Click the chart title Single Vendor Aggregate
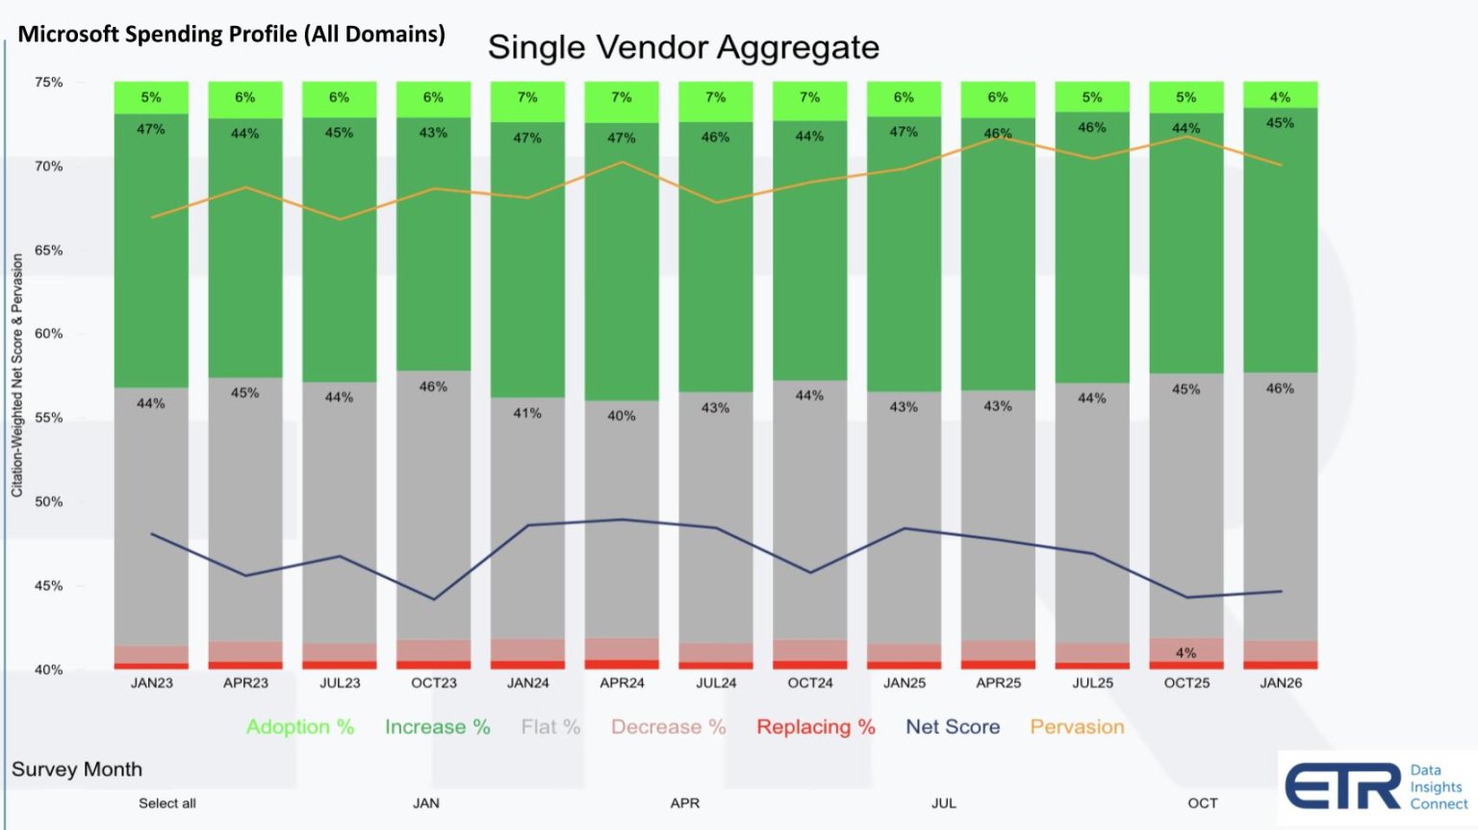[x=683, y=47]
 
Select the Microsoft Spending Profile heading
[x=231, y=35]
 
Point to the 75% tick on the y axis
[x=49, y=83]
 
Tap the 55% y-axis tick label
[x=49, y=418]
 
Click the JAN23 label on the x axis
[x=152, y=683]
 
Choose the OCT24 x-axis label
[x=810, y=683]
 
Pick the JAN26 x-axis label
[x=1281, y=683]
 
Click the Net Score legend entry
[x=953, y=727]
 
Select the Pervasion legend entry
[x=1077, y=727]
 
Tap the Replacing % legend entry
[x=816, y=727]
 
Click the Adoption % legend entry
[x=300, y=727]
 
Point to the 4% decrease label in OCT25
[x=1186, y=653]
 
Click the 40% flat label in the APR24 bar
[x=622, y=416]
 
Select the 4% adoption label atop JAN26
[x=1280, y=97]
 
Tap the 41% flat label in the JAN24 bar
[x=527, y=414]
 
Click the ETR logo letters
[x=1342, y=788]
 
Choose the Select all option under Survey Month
[x=167, y=803]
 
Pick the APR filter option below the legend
[x=685, y=803]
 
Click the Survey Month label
[x=77, y=769]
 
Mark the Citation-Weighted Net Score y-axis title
[x=17, y=375]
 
